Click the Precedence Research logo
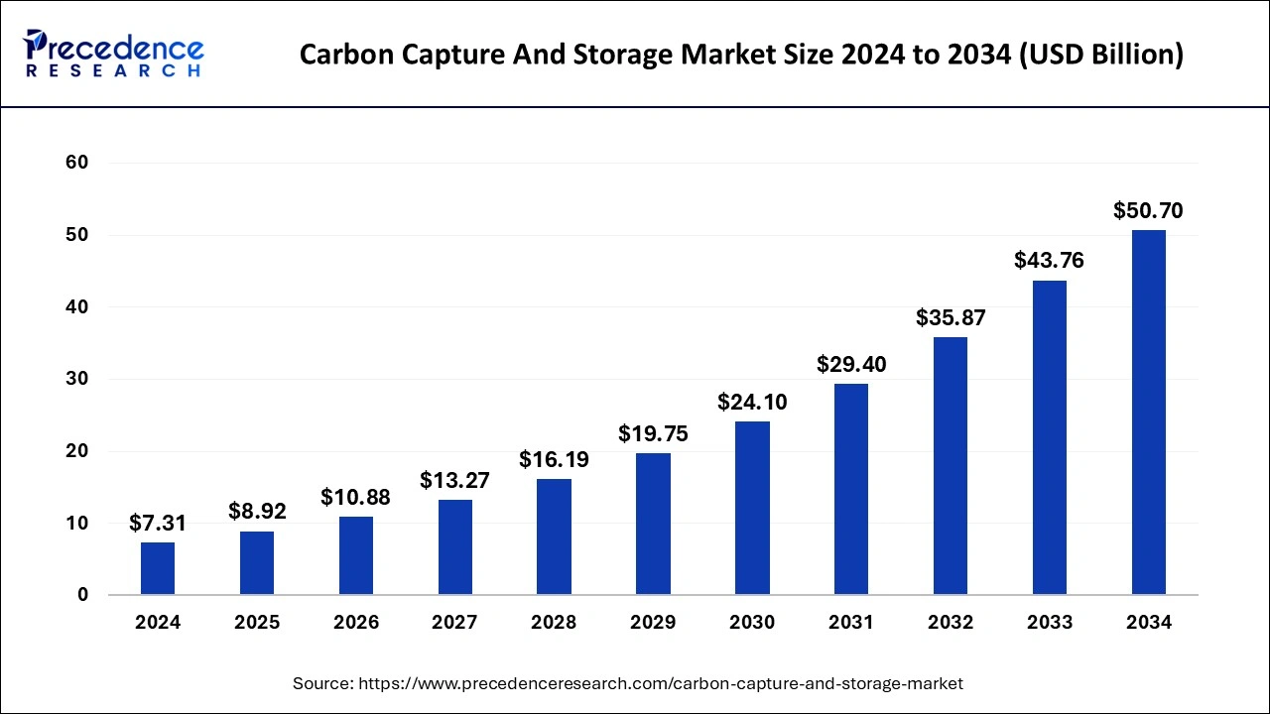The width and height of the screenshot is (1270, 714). (114, 54)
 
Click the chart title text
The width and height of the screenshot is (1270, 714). (741, 55)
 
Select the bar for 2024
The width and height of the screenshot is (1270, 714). (158, 568)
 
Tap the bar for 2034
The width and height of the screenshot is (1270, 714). (1149, 413)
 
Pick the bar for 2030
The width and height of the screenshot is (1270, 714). (752, 508)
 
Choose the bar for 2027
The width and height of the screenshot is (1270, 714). (455, 547)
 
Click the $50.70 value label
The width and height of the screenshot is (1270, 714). (1148, 210)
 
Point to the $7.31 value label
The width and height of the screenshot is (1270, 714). (158, 523)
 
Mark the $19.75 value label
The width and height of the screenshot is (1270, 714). (653, 433)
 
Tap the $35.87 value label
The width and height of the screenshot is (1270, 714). (951, 317)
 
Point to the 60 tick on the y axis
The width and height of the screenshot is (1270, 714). (76, 163)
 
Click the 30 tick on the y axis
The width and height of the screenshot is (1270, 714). (76, 379)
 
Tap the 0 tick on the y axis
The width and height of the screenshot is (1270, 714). (82, 595)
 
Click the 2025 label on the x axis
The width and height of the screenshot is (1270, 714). (257, 623)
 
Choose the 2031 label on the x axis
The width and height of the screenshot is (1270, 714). (851, 623)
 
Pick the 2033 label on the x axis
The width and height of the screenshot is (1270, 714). (1050, 623)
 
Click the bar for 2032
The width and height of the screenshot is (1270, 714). (951, 466)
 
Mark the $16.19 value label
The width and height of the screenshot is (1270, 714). (554, 460)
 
